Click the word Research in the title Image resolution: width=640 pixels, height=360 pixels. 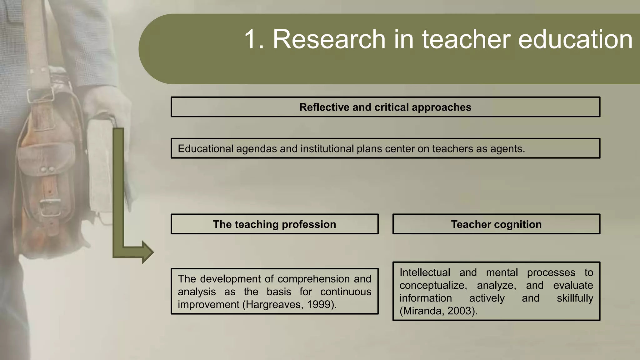tap(329, 39)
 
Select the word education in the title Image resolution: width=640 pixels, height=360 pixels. tap(575, 39)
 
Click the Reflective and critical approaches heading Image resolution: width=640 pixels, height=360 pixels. tap(385, 107)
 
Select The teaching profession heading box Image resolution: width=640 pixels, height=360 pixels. tap(274, 224)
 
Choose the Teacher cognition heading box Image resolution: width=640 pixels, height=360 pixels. tap(496, 224)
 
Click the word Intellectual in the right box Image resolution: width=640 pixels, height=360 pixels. tap(425, 272)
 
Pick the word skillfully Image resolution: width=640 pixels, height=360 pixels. tap(575, 298)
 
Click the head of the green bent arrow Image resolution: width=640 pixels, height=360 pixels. tap(148, 252)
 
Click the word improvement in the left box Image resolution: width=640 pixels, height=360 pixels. tap(208, 305)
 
